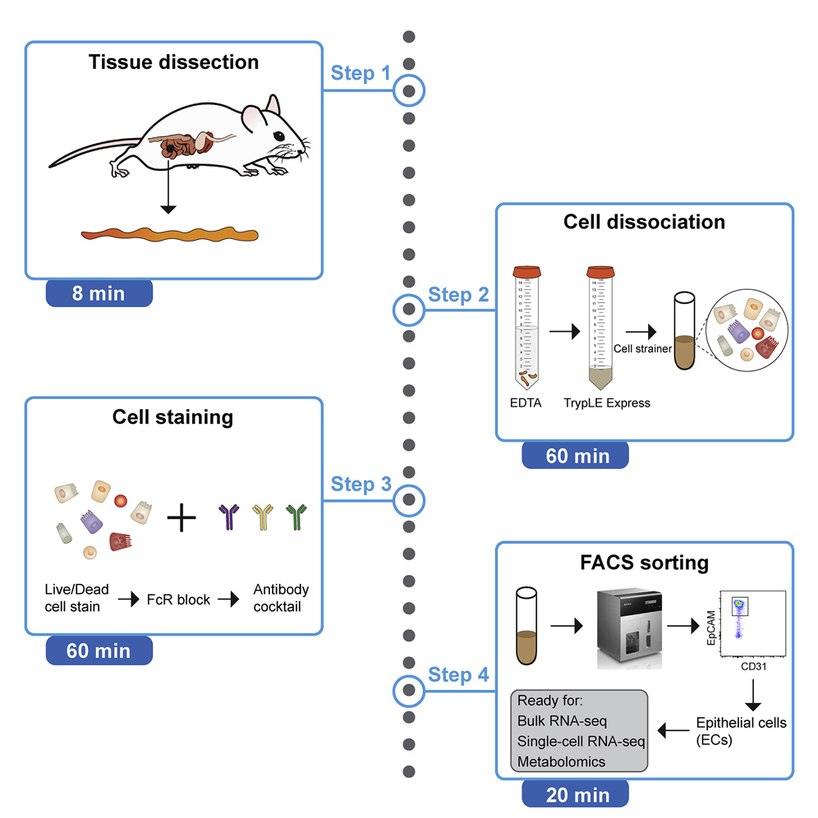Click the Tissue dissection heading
[x=172, y=62]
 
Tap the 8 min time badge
[x=99, y=293]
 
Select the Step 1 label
[x=361, y=73]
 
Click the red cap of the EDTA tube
[x=525, y=271]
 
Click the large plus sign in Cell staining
[x=182, y=517]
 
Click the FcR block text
[x=177, y=600]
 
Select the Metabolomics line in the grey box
[x=561, y=761]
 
